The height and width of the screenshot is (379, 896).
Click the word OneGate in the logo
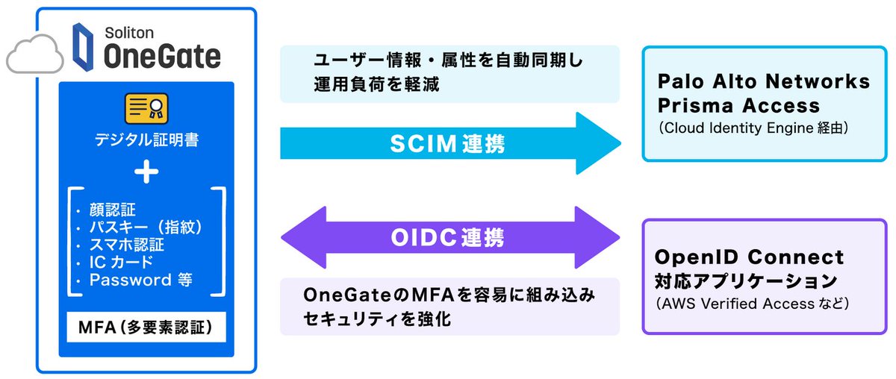tap(161, 56)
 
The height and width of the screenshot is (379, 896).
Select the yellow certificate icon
tap(146, 110)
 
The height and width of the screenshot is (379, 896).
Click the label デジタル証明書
tap(146, 140)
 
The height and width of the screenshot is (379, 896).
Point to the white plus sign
tap(146, 172)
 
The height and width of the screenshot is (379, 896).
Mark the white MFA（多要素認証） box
tap(146, 328)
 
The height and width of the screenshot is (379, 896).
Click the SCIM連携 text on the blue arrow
tap(448, 143)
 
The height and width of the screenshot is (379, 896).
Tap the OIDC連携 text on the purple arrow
tap(448, 238)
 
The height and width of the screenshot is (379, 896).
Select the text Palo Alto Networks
tap(764, 81)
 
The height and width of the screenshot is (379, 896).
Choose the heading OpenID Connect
tap(749, 257)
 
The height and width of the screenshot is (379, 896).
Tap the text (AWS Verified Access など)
tap(754, 304)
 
